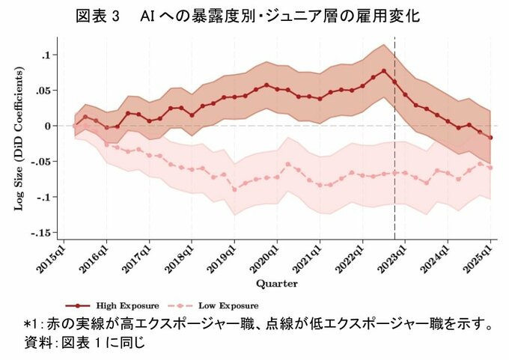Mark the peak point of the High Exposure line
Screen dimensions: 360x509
tap(384, 71)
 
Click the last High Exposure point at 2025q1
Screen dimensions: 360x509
tap(491, 138)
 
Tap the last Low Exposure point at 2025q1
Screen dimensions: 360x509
tap(491, 168)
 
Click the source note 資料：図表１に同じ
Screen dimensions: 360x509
tap(82, 343)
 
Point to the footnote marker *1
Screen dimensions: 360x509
tap(31, 325)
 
